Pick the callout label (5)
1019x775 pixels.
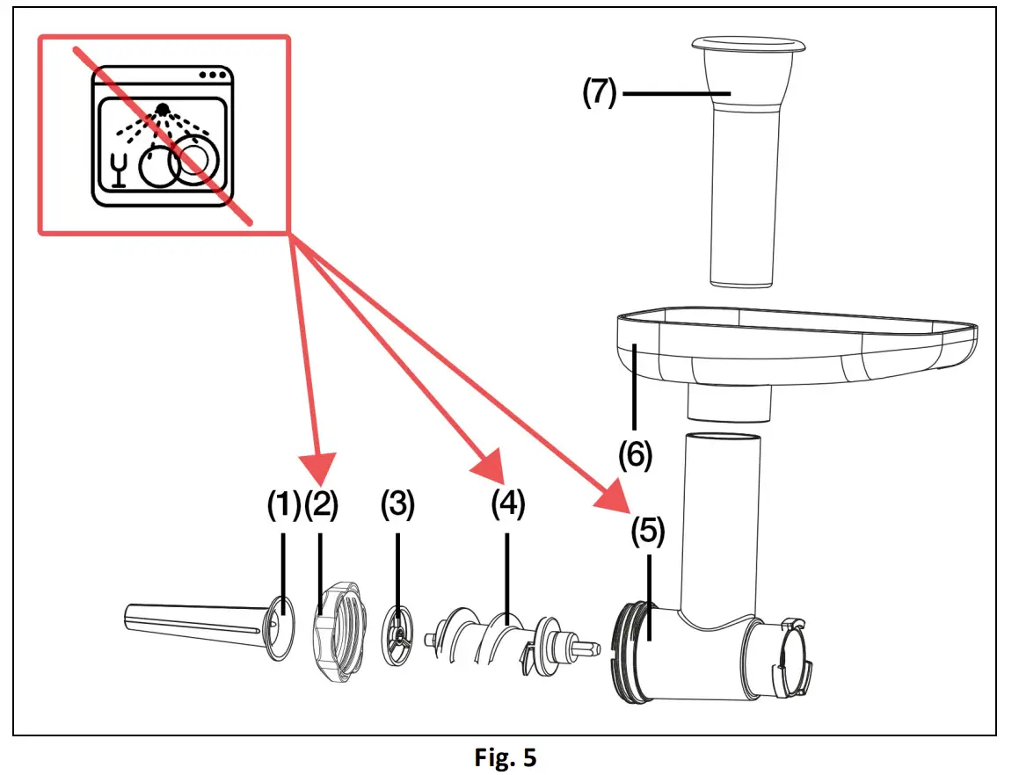click(x=647, y=532)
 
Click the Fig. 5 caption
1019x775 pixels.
click(x=505, y=758)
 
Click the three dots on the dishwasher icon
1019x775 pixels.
click(x=212, y=76)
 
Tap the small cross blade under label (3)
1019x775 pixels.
click(x=400, y=634)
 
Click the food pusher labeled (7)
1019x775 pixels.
click(x=744, y=158)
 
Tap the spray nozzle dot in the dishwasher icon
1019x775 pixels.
click(x=162, y=109)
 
